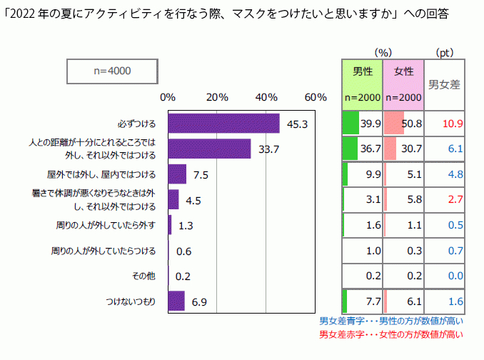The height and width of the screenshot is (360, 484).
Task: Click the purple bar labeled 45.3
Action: [x=223, y=123]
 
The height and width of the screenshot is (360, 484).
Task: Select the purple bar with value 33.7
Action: [x=209, y=149]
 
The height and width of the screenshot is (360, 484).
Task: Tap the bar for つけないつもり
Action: [x=176, y=301]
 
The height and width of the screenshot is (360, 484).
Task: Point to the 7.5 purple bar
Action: [x=177, y=174]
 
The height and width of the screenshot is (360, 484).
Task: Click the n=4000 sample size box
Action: [x=111, y=71]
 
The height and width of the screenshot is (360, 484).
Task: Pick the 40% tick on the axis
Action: [x=266, y=97]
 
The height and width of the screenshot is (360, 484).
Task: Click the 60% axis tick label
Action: [x=315, y=97]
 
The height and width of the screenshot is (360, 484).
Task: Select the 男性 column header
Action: [x=363, y=71]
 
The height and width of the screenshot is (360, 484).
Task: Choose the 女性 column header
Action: [x=403, y=71]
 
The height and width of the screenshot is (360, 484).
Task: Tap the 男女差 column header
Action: [x=443, y=84]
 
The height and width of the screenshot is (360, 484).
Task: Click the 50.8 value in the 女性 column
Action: [x=413, y=123]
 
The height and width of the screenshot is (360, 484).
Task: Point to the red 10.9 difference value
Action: [x=453, y=123]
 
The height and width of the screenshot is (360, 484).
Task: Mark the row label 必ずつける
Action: [x=138, y=123]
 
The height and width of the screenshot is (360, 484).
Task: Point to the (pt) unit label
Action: [x=444, y=52]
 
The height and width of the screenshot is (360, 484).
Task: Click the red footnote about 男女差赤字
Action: [x=390, y=334]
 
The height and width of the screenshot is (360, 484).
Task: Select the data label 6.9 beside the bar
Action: [x=199, y=302]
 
